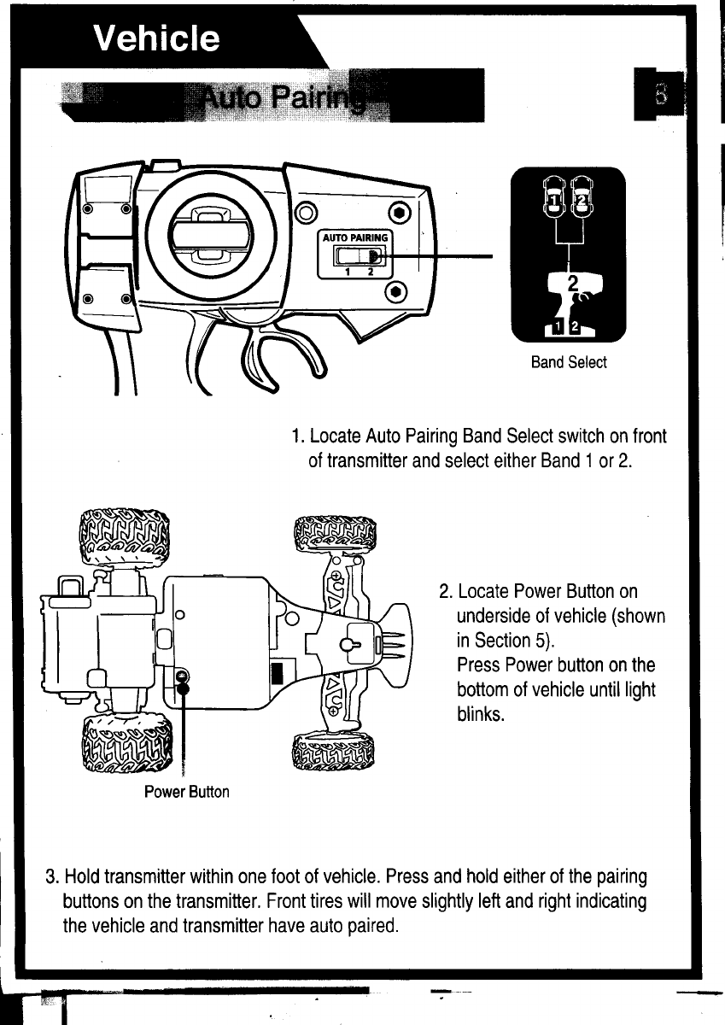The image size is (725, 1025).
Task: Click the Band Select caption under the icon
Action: (x=568, y=362)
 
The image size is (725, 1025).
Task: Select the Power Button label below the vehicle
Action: (x=186, y=791)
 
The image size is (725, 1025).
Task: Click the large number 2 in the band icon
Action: (x=573, y=283)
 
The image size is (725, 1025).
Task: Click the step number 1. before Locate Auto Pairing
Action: (x=296, y=437)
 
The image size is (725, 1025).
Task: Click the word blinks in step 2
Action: (x=482, y=713)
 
